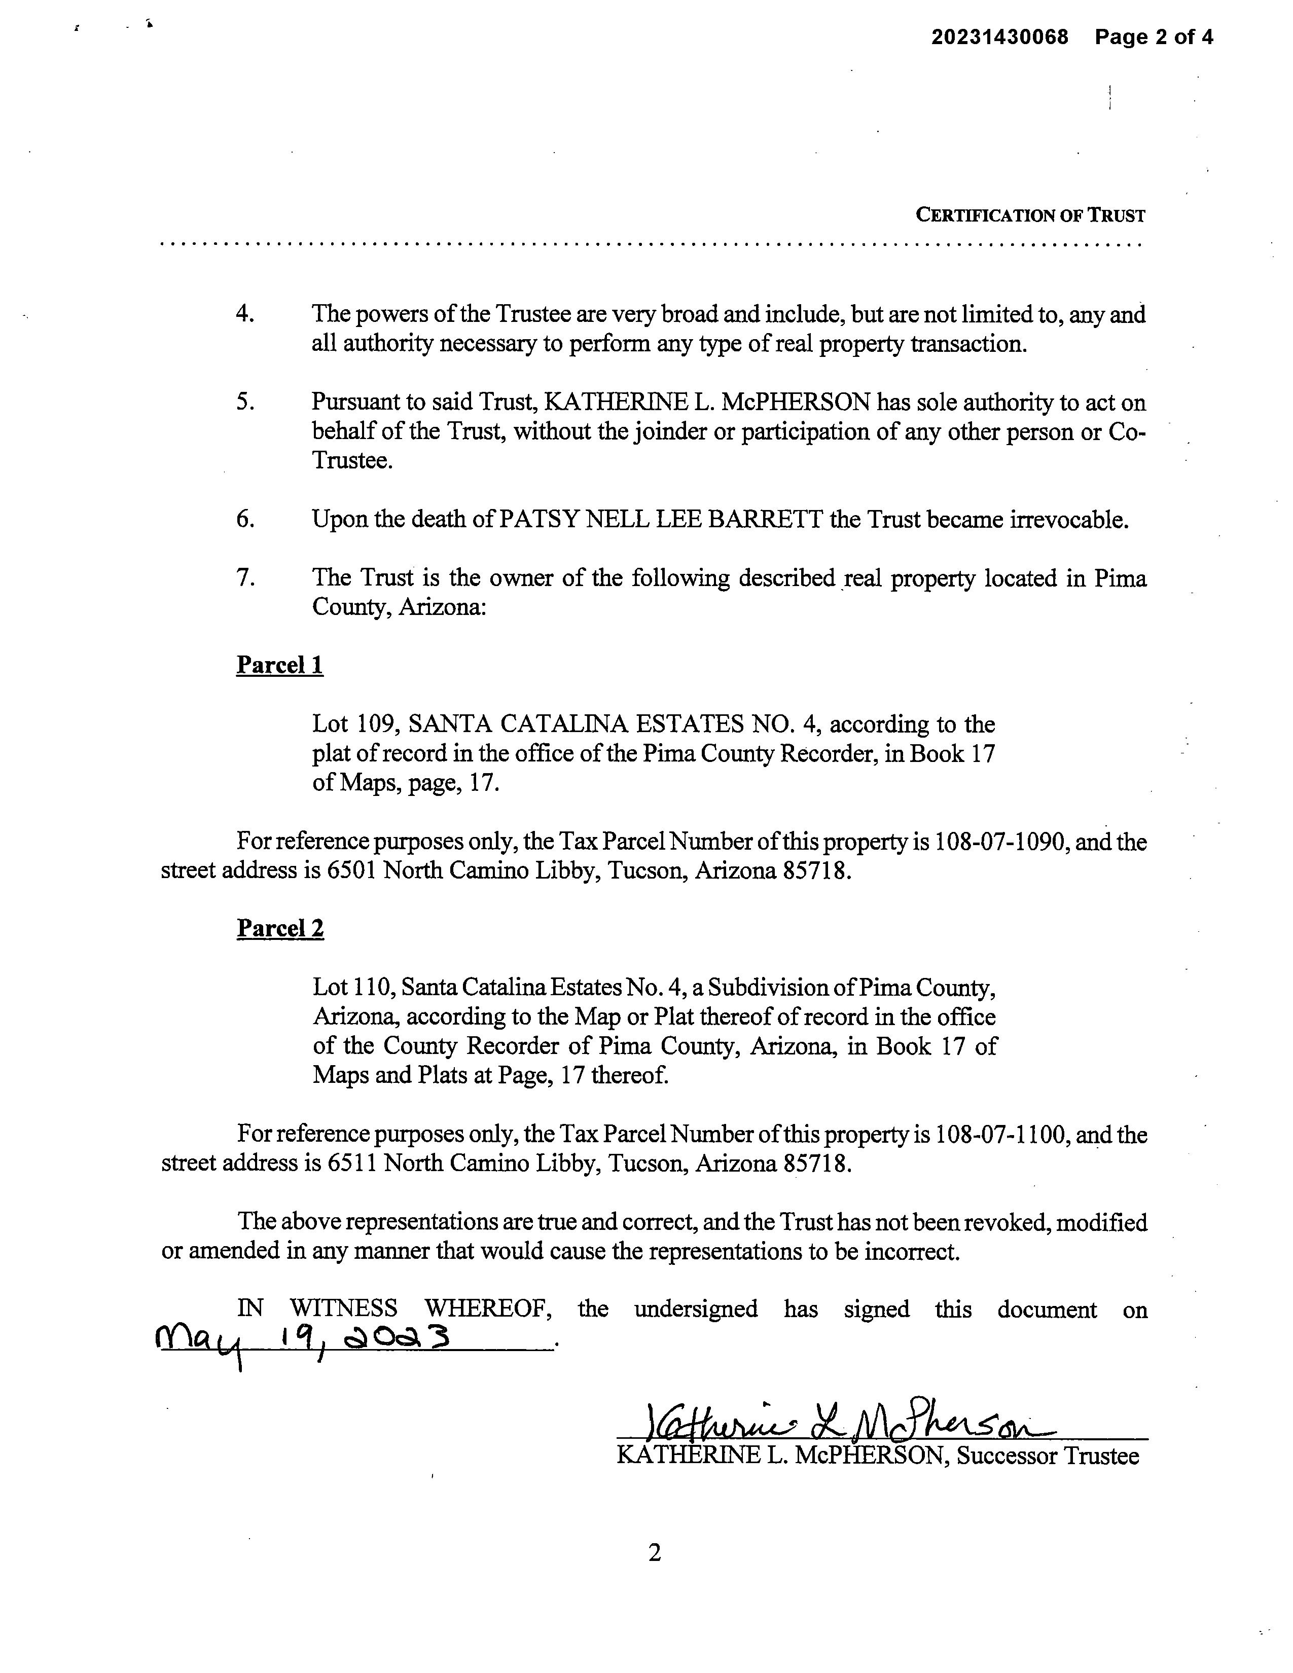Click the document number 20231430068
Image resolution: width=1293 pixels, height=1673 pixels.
coord(999,37)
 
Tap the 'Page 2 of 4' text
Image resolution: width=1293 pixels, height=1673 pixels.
coord(1154,37)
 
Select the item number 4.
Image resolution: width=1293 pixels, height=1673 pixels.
coord(244,314)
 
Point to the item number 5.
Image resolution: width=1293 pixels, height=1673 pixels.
coord(244,402)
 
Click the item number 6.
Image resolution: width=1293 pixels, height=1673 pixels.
coord(244,519)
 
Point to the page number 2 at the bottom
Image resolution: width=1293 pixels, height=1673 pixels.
coord(654,1553)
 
